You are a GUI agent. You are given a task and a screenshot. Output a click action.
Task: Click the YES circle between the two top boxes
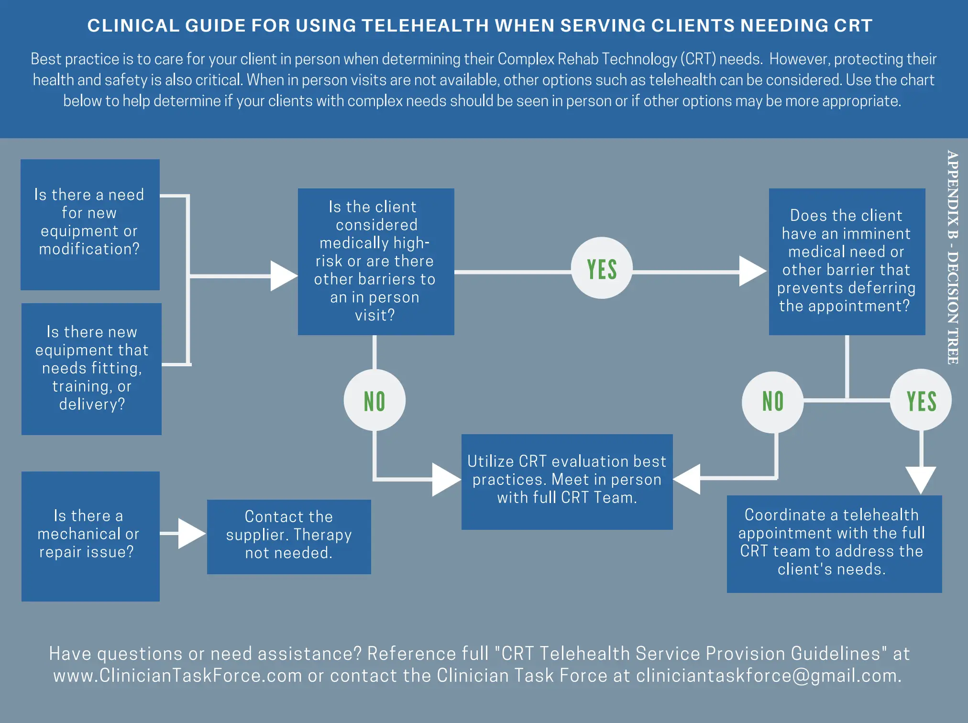point(602,268)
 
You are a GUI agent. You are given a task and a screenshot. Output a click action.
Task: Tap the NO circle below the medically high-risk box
point(374,400)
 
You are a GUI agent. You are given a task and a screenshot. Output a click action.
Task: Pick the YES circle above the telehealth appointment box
point(921,400)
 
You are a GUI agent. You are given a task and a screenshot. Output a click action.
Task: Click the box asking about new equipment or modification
point(90,224)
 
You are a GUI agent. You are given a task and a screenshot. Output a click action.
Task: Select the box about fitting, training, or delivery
point(91,369)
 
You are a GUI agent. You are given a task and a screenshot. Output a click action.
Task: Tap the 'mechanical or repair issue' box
point(90,536)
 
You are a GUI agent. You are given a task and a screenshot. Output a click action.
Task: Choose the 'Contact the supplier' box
point(289,537)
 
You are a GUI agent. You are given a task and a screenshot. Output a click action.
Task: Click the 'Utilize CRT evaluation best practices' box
point(567,481)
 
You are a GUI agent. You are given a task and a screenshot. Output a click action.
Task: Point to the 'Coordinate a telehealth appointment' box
point(834,544)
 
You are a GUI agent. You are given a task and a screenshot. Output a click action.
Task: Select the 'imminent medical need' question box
point(847,262)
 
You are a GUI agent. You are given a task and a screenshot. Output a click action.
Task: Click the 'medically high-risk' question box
point(375,262)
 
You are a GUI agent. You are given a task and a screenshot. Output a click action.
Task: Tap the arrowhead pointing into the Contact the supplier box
point(191,533)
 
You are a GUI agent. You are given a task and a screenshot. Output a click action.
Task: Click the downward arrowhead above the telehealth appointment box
point(921,480)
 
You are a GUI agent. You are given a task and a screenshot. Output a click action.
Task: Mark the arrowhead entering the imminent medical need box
point(752,271)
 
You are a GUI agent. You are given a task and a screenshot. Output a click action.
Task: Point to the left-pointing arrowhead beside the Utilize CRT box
point(688,479)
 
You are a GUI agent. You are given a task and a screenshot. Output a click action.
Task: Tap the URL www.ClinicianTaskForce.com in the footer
point(177,675)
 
